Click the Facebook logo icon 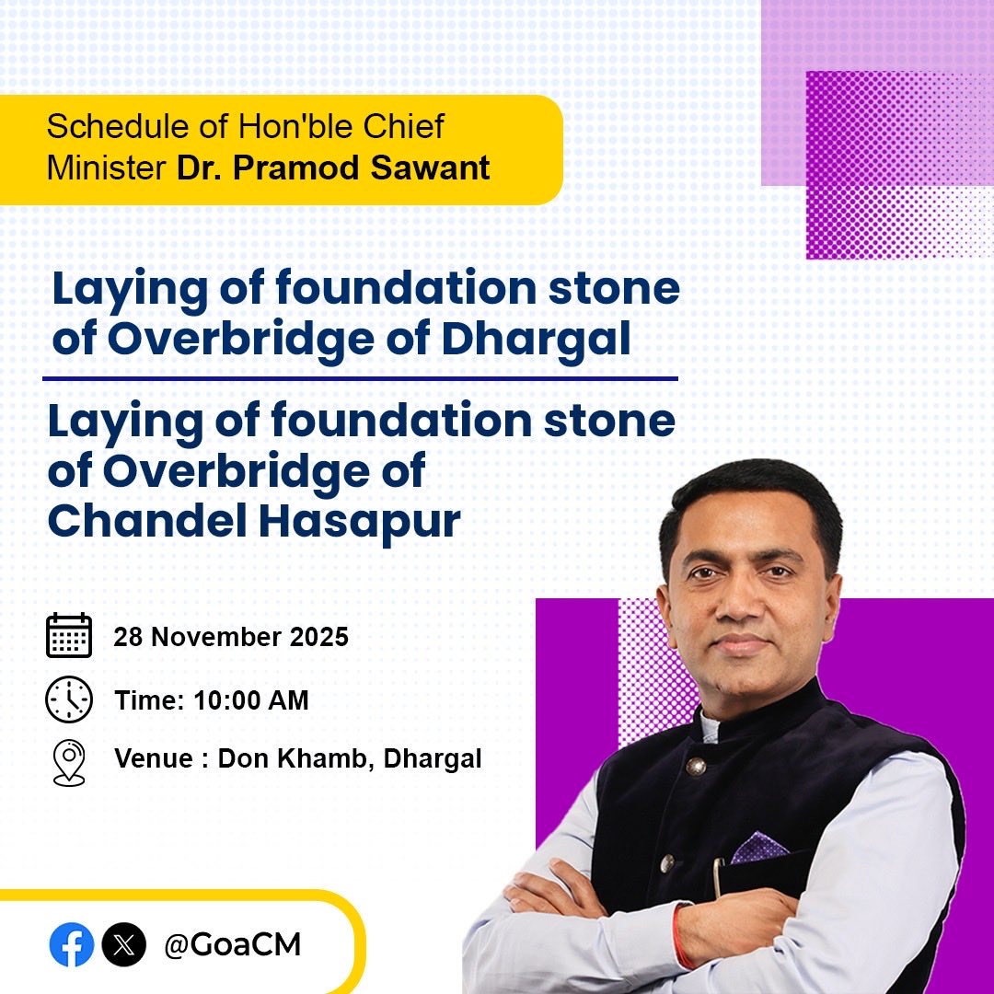pyautogui.click(x=72, y=944)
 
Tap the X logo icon pyautogui.click(x=123, y=944)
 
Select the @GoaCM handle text pyautogui.click(x=232, y=944)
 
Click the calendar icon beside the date pyautogui.click(x=69, y=635)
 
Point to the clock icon pyautogui.click(x=69, y=699)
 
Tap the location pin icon pyautogui.click(x=69, y=762)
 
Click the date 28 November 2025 pyautogui.click(x=231, y=637)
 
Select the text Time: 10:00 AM pyautogui.click(x=212, y=700)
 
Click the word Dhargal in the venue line pyautogui.click(x=433, y=759)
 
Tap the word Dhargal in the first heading pyautogui.click(x=537, y=339)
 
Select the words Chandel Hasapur pyautogui.click(x=253, y=522)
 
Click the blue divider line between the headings pyautogui.click(x=360, y=378)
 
